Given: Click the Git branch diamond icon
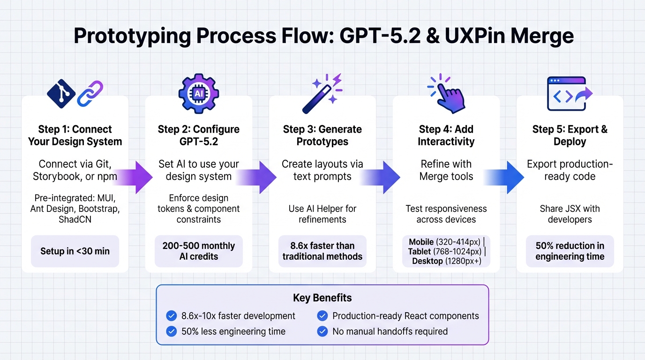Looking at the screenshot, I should point(61,94).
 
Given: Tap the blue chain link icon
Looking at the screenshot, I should point(90,93).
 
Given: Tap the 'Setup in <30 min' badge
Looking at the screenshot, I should point(75,251).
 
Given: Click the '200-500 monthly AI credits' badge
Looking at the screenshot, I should point(199,251).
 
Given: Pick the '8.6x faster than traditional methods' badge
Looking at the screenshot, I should point(322,251).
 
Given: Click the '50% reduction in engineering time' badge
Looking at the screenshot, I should point(570,251).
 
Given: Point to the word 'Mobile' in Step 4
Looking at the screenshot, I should point(421,242).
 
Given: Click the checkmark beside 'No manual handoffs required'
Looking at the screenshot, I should point(322,331).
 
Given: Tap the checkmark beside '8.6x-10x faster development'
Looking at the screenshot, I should point(171,316).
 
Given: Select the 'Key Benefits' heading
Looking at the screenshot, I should point(322,298).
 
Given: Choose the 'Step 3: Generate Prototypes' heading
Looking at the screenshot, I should point(322,135).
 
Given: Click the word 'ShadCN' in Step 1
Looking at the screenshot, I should point(75,220).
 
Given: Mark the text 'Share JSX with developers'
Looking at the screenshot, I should point(570,214).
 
